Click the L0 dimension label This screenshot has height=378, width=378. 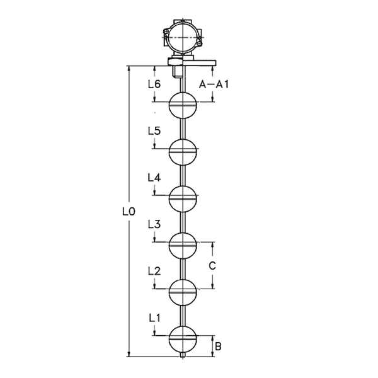(129, 212)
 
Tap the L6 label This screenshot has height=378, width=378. (154, 84)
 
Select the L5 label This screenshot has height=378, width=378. (154, 131)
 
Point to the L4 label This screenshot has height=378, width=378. (154, 178)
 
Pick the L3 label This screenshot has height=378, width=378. (154, 224)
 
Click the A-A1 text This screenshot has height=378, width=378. (214, 84)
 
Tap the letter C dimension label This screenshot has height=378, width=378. (212, 265)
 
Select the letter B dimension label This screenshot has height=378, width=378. (218, 345)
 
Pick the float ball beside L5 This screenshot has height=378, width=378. (184, 151)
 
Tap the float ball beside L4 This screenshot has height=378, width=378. (184, 199)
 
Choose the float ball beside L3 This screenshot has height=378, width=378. (184, 246)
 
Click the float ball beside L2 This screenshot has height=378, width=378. (184, 292)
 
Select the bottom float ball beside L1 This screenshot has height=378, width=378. (184, 340)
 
